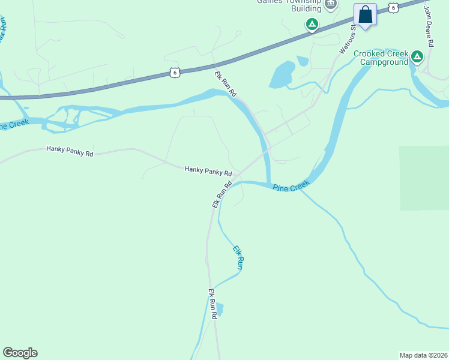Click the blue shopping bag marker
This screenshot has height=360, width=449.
pos(365,14)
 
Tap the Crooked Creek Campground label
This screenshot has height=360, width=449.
pos(381,58)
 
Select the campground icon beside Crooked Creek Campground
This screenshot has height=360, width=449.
pos(417,57)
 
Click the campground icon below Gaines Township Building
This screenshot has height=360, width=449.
pos(312,25)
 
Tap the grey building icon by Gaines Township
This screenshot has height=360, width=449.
pos(330,5)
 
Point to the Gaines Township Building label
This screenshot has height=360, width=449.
pos(289,5)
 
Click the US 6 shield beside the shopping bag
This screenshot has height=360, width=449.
pos(393,7)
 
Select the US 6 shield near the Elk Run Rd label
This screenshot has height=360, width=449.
pos(174,72)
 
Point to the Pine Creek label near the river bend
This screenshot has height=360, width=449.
pos(291,186)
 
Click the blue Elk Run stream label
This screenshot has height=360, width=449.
pos(238,257)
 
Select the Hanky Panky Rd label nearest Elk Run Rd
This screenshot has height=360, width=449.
pos(208,171)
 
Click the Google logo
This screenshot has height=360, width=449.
pos(20,353)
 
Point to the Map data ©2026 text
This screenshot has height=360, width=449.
pos(424,355)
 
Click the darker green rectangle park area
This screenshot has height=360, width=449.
pos(424,178)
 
